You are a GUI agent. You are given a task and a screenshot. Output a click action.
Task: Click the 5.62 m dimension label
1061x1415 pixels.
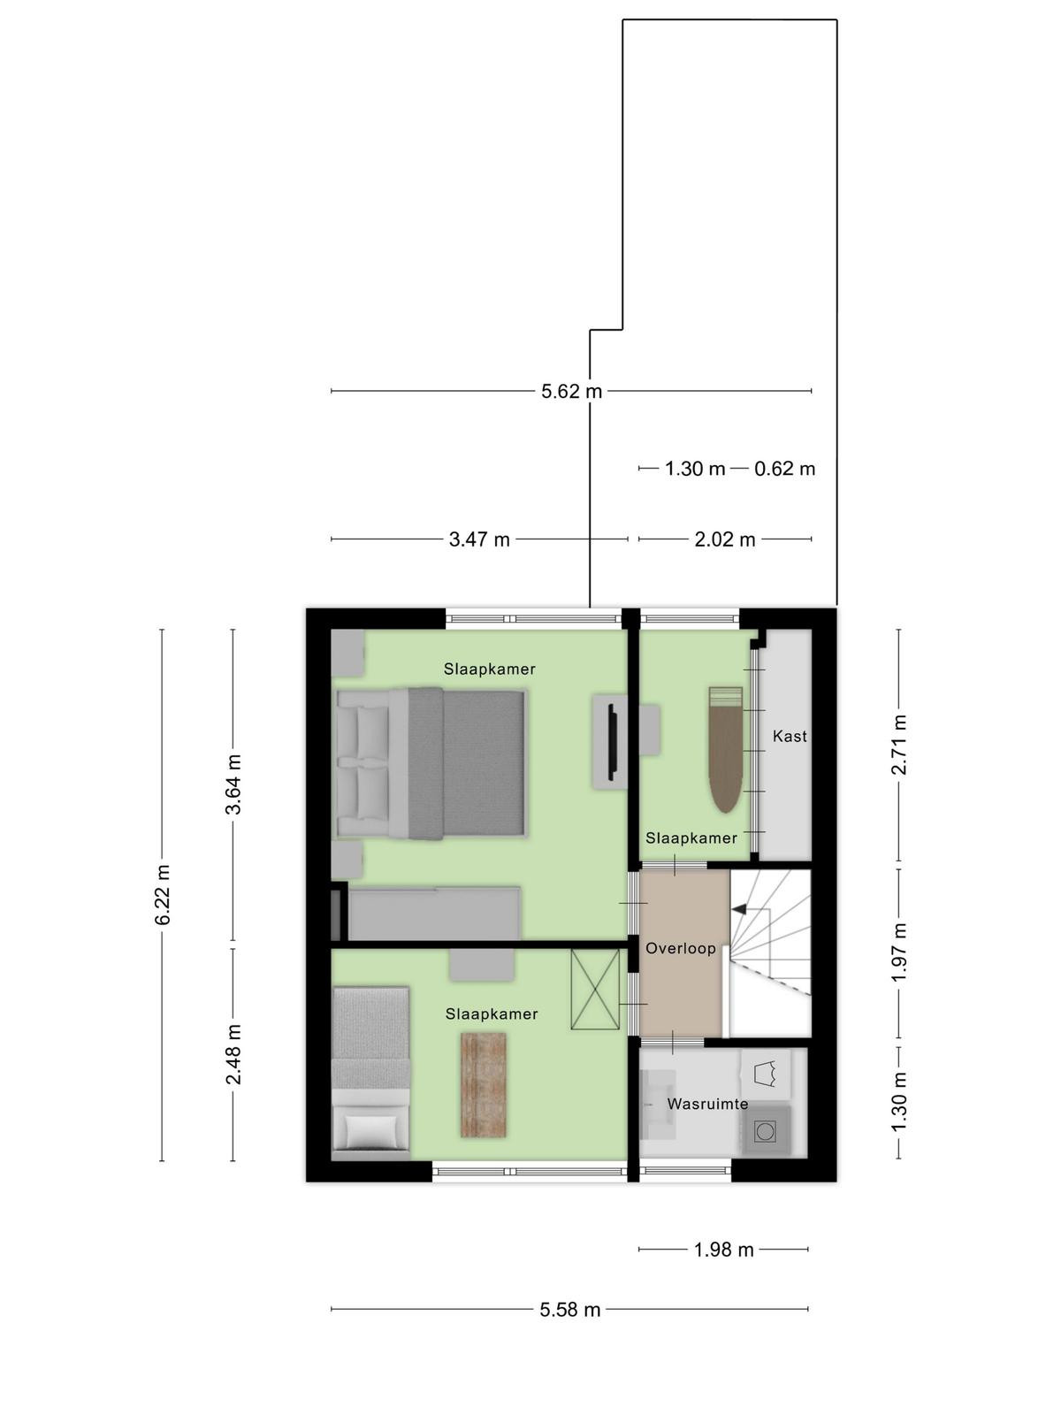571,391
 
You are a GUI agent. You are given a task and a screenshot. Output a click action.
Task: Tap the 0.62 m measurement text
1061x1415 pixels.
784,469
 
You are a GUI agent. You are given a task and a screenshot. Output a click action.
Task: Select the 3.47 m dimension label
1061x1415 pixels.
479,539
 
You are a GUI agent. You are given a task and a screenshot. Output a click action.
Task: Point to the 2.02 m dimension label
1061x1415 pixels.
725,539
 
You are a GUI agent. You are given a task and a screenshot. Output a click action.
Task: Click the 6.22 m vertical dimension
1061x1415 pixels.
163,895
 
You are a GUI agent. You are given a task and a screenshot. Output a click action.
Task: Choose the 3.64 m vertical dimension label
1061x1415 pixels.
233,784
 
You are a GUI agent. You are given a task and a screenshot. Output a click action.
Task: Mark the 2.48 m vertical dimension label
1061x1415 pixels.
233,1054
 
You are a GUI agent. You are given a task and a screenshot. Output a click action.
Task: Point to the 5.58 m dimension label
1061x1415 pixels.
570,1310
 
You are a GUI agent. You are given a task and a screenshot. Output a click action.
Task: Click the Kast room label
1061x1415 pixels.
790,736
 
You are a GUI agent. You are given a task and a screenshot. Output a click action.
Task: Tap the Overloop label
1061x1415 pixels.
681,948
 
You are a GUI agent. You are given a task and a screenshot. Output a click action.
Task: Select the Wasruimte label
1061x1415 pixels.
708,1104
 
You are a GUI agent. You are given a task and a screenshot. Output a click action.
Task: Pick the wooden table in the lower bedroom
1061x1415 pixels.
483,1085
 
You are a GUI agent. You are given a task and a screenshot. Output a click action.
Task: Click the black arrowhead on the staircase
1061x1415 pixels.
738,909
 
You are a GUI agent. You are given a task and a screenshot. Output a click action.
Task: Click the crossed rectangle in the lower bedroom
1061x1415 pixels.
595,989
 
